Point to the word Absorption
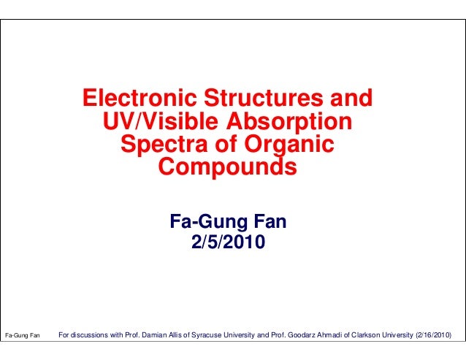point(294,120)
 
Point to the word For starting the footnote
point(64,336)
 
